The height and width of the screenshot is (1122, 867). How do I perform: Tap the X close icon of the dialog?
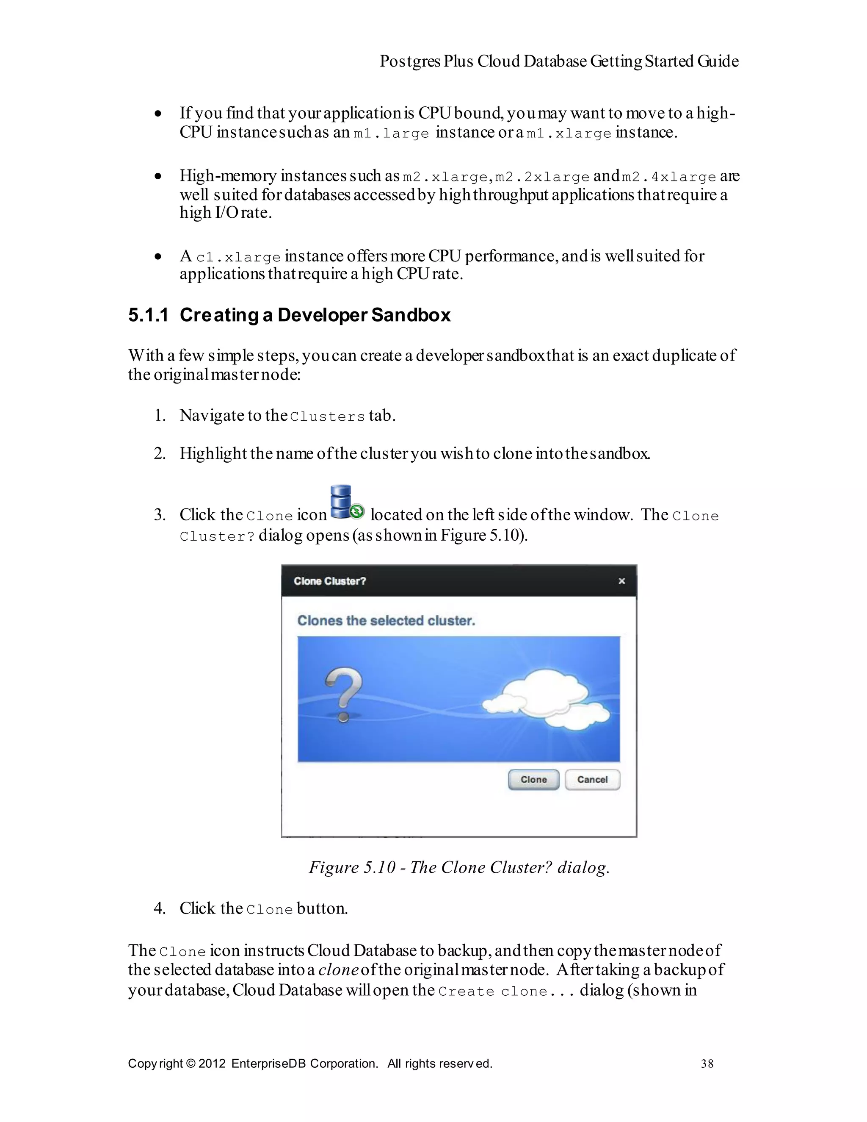pyautogui.click(x=621, y=581)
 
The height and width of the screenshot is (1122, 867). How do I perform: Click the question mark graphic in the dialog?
pyautogui.click(x=343, y=694)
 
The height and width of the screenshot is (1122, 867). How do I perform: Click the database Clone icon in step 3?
pyautogui.click(x=345, y=503)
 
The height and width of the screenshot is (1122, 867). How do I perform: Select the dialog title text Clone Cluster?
pyautogui.click(x=329, y=581)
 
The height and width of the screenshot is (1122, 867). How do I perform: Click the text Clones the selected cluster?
pyautogui.click(x=386, y=621)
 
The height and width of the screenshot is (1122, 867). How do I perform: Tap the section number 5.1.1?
pyautogui.click(x=148, y=315)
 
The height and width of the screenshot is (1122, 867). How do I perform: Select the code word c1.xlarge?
pyautogui.click(x=238, y=257)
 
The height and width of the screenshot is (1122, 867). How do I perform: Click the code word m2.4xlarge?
pyautogui.click(x=668, y=177)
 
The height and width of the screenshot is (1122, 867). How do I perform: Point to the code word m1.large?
pyautogui.click(x=391, y=133)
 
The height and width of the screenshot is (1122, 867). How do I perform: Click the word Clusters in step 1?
pyautogui.click(x=327, y=417)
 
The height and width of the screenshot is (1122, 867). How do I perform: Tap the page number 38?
pyautogui.click(x=707, y=1064)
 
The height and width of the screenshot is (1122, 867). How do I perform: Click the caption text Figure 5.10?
pyautogui.click(x=352, y=867)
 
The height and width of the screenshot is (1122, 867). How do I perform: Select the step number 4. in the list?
pyautogui.click(x=160, y=908)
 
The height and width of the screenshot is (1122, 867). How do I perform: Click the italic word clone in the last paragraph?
pyautogui.click(x=338, y=970)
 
